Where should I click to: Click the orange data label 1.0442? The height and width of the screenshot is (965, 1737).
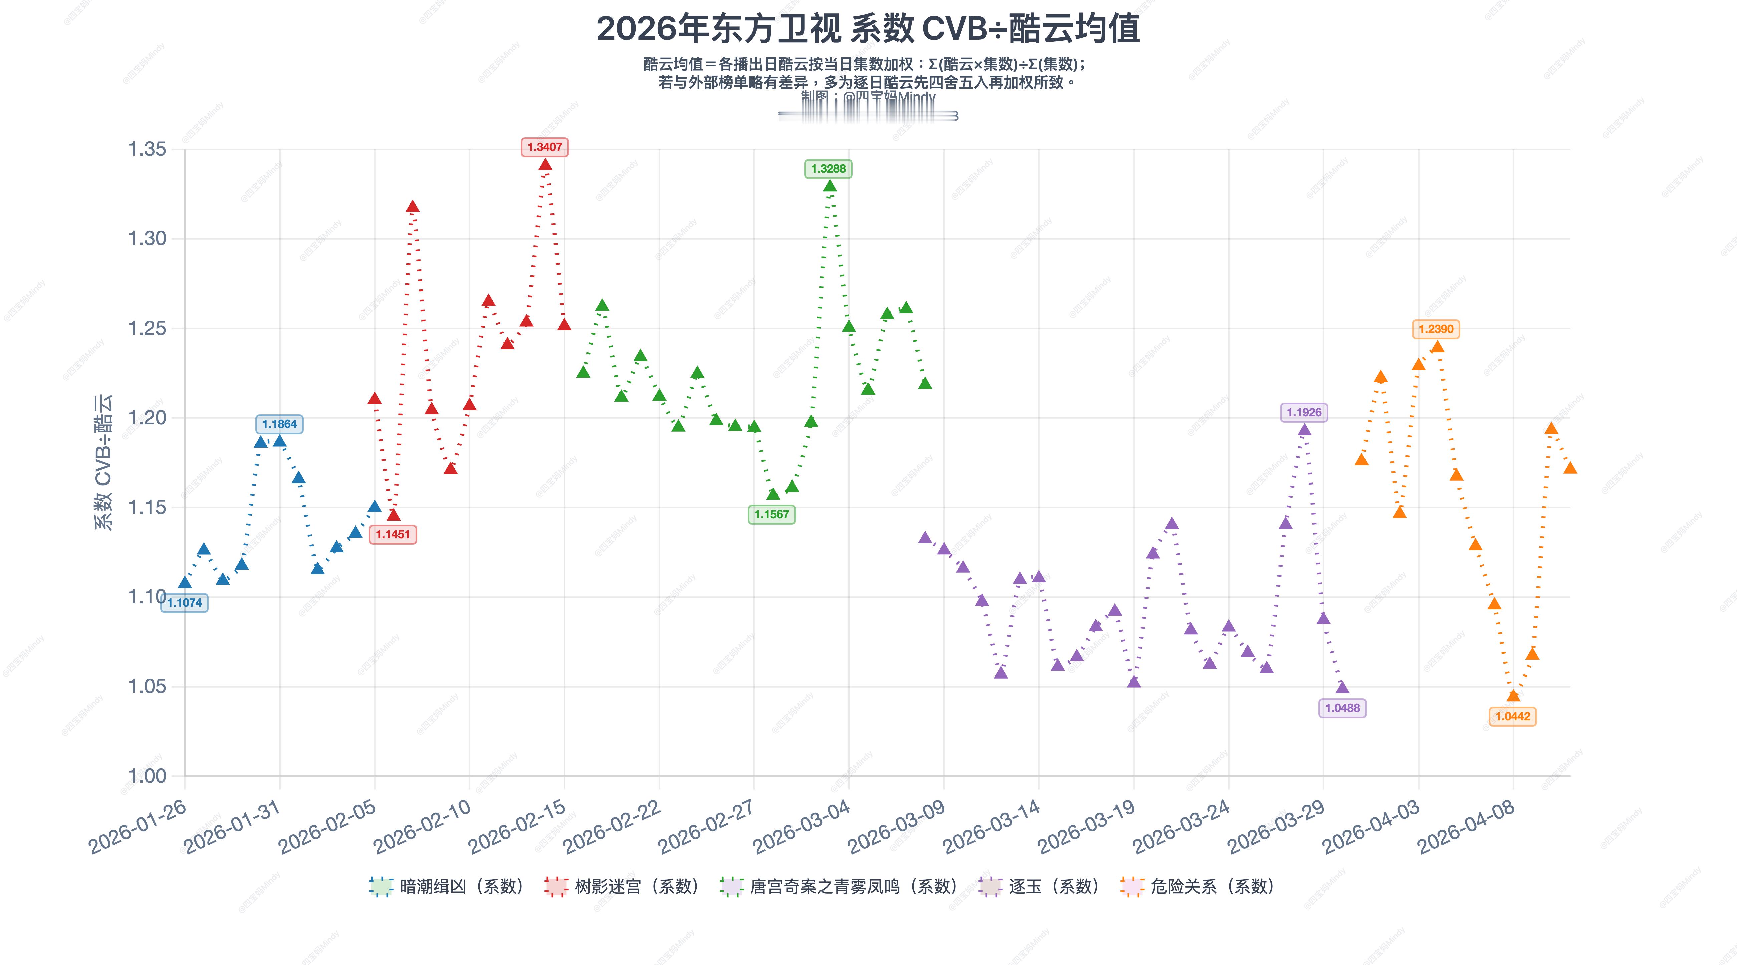pos(1512,716)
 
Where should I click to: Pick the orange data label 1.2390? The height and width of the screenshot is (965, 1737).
pos(1436,329)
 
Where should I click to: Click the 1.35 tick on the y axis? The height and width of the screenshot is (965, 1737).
pos(147,149)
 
